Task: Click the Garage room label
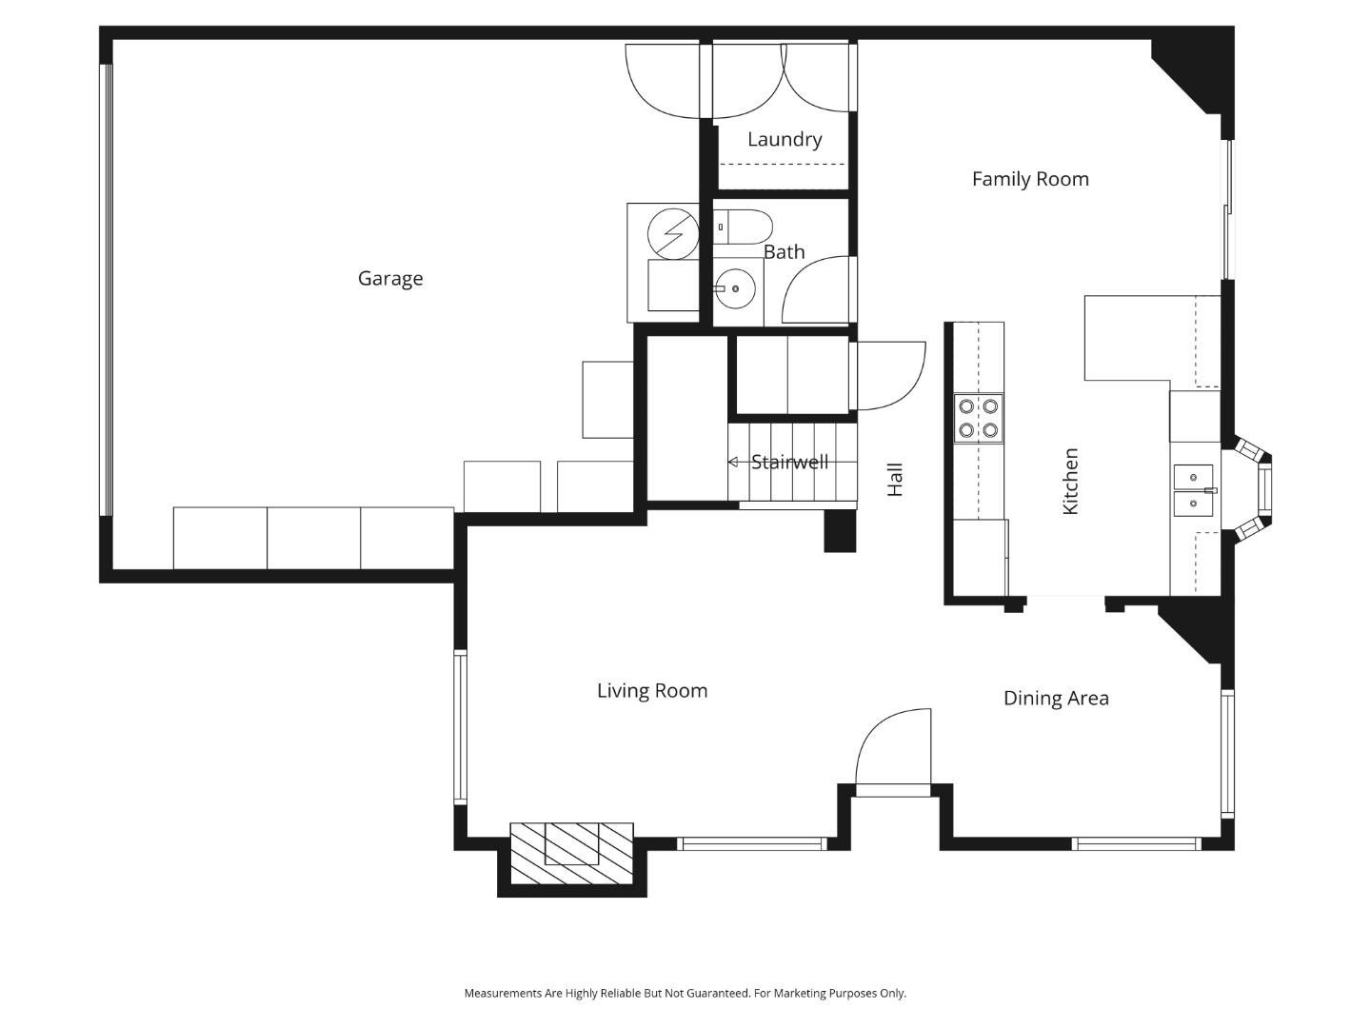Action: [x=390, y=279]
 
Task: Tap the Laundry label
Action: [x=785, y=140]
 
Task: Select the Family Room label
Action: [x=1030, y=179]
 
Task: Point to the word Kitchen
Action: [x=1070, y=482]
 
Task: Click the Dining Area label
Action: [x=1056, y=699]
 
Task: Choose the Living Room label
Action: [x=652, y=691]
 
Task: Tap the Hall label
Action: [x=895, y=480]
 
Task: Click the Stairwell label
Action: [x=789, y=463]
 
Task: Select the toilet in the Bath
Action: [x=744, y=227]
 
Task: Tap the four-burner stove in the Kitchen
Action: [x=979, y=418]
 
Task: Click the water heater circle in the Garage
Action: [x=673, y=231]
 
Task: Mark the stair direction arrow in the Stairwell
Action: [x=733, y=463]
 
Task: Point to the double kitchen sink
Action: [x=1194, y=490]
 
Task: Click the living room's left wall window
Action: [x=460, y=727]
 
